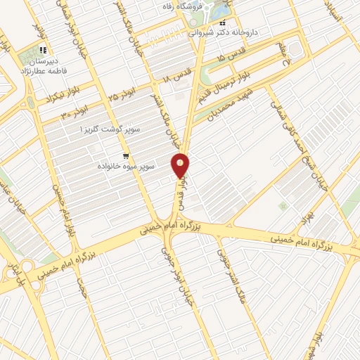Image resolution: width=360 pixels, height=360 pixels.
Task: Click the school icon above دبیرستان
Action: (x=43, y=50)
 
